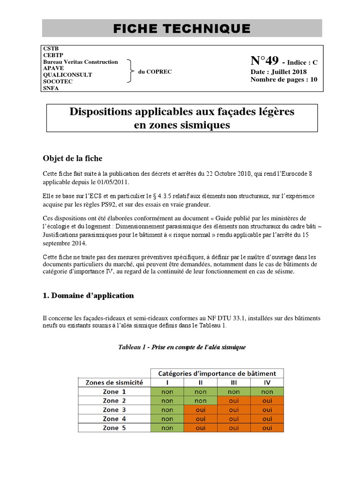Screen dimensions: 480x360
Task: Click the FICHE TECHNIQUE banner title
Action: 182,29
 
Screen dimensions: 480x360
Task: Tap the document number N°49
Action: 265,61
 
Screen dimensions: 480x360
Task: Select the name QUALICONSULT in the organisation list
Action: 67,75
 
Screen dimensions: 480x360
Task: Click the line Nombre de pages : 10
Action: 284,79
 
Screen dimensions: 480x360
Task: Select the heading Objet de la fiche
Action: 72,158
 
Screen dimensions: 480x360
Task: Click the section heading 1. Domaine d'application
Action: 88,295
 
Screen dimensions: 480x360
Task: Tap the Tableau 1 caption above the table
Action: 182,347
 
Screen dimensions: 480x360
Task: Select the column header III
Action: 233,382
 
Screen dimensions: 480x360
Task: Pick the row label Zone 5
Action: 114,427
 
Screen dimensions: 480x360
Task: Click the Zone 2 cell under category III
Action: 233,401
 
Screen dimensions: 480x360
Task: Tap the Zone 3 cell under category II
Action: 200,410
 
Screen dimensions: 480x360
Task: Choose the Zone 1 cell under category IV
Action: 267,392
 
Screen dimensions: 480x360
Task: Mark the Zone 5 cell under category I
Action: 167,427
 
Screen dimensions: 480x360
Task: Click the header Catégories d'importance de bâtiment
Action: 217,374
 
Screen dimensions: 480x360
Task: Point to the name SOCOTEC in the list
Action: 58,81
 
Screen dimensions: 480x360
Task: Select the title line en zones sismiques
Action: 182,125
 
